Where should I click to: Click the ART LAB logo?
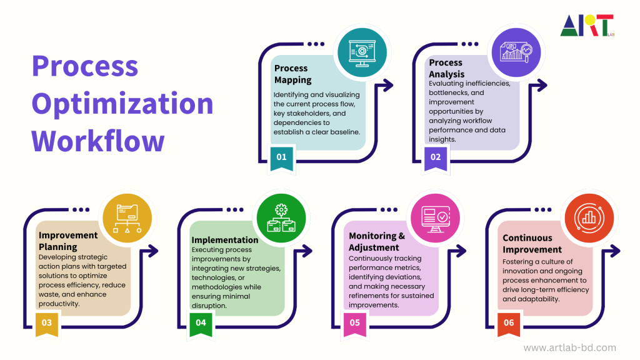click(x=587, y=25)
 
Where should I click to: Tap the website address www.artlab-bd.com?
click(x=570, y=347)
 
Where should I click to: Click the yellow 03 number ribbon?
click(x=47, y=324)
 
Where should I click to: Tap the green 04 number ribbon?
click(x=201, y=324)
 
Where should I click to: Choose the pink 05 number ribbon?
click(x=355, y=324)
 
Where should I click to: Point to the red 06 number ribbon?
click(x=509, y=324)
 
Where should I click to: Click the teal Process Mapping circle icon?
click(x=362, y=52)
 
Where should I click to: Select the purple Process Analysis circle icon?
click(x=516, y=52)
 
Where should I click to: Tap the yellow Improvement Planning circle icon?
click(x=127, y=218)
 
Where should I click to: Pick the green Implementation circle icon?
click(x=281, y=218)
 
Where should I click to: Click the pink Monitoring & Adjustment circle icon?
click(x=435, y=218)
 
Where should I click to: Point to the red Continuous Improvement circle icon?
click(x=589, y=218)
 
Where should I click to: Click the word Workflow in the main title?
click(x=98, y=141)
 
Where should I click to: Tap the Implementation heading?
click(x=225, y=240)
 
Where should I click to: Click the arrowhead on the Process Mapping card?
click(x=387, y=85)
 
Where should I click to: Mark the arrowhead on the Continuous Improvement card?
click(x=615, y=251)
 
